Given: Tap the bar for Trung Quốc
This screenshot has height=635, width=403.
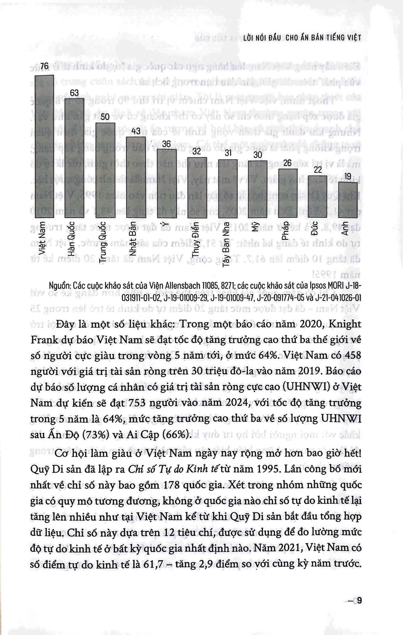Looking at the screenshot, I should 105,170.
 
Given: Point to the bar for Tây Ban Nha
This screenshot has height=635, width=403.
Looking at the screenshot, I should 228,189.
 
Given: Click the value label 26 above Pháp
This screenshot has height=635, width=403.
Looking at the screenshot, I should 287,163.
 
